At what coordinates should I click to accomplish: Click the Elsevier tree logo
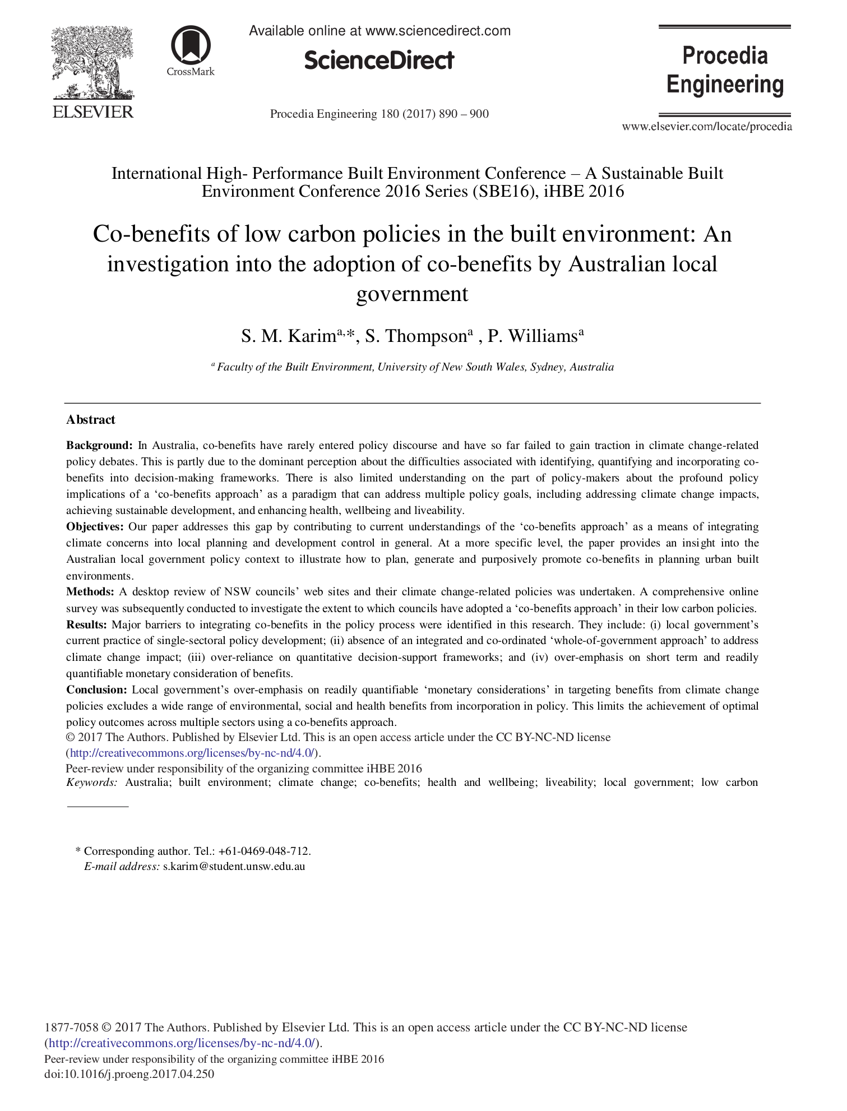(x=92, y=63)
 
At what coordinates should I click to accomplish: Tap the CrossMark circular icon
(x=191, y=45)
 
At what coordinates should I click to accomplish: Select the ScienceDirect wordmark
(x=379, y=61)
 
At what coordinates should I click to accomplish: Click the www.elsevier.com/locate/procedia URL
(x=707, y=127)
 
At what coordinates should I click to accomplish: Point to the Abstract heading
(x=91, y=420)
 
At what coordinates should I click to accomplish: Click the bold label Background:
(x=99, y=446)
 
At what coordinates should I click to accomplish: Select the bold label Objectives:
(x=95, y=527)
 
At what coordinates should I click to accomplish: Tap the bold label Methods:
(x=90, y=592)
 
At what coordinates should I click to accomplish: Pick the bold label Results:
(x=87, y=624)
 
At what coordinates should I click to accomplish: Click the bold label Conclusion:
(x=97, y=690)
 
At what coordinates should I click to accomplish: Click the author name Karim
(x=312, y=336)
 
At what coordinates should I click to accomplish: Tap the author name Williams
(x=542, y=336)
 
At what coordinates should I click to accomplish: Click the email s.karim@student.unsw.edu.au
(x=234, y=867)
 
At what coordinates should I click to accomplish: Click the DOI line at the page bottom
(x=129, y=1075)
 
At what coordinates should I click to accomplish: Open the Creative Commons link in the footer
(x=183, y=1043)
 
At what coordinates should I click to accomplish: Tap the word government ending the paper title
(x=412, y=294)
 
